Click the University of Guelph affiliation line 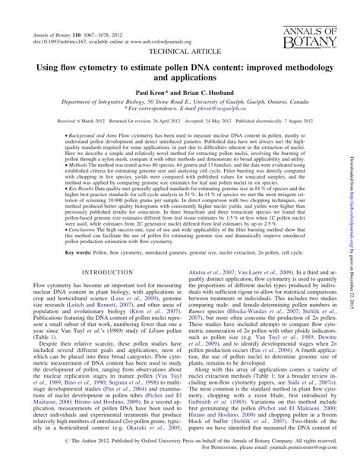coord(179,100)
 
